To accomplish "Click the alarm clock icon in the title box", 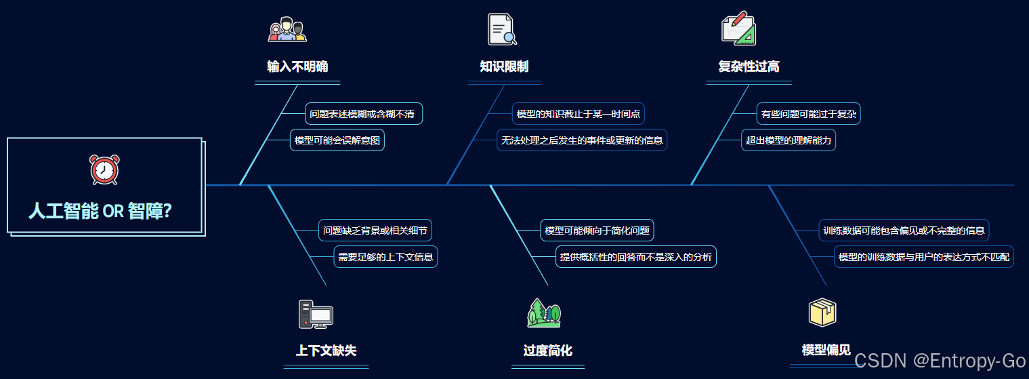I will point(104,169).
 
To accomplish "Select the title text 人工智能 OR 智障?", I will point(100,211).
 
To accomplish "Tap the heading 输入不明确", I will point(297,66).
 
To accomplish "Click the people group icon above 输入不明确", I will point(287,30).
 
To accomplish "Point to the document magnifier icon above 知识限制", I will point(502,30).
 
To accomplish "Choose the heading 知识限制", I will point(504,66).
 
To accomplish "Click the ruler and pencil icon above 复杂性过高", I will point(738,28).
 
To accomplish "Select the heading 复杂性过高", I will point(749,66).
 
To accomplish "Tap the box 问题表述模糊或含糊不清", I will point(362,114).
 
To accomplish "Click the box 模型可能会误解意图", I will point(337,140).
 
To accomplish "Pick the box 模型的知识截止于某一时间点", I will point(579,114).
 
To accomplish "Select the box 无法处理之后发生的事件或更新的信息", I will point(582,140).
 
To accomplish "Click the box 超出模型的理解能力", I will point(789,140).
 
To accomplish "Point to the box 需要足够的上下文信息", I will point(385,257).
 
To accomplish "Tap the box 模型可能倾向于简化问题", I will point(597,231).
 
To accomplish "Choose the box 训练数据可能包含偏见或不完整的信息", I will point(904,231).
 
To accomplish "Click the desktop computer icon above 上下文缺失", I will point(316,315).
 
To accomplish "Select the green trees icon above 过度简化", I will point(545,313).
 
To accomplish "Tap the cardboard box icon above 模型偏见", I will point(822,313).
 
